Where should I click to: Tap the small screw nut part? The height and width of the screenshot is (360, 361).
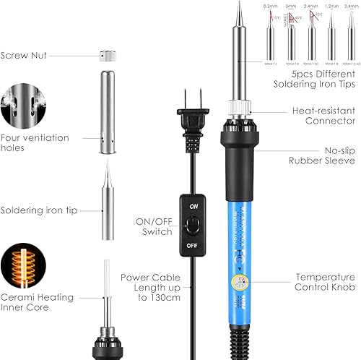110,54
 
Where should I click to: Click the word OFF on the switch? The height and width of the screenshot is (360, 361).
193,245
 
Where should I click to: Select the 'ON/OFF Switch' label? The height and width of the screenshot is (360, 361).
154,226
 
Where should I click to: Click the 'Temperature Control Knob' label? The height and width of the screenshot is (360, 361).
325,282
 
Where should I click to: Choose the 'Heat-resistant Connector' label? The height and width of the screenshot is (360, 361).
322,116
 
